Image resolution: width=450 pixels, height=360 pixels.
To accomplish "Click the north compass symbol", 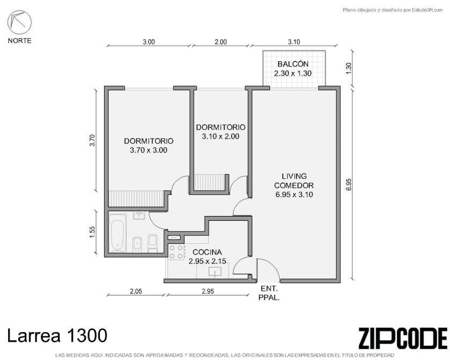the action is coord(19,23).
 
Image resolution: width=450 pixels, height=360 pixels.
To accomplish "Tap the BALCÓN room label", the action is coord(293,64).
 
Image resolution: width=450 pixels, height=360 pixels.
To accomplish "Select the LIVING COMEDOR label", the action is coord(294,181).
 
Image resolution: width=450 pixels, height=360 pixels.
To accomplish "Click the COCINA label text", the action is coord(207,252).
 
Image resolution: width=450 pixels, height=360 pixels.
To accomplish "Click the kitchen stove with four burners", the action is coord(176,252).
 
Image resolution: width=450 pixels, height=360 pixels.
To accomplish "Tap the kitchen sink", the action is coord(215,271).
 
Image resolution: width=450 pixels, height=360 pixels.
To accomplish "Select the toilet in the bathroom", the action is coord(153,243).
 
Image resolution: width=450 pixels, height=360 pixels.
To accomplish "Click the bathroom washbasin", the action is coord(140,215).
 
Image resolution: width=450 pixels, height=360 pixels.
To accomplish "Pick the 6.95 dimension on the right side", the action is coord(349,184).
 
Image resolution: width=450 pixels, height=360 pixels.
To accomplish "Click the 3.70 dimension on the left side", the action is coord(92,140).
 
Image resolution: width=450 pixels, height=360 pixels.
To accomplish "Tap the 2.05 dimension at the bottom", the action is coord(136,291).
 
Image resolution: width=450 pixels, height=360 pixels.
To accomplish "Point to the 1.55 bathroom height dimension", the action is coord(92,232).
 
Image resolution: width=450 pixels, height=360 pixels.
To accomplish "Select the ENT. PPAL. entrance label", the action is coord(269,293).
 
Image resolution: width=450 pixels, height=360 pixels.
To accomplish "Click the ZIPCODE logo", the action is coord(403,339).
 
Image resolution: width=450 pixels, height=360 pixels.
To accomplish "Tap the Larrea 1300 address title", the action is coord(57,335).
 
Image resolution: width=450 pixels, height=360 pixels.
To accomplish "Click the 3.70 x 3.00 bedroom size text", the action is coord(148,150).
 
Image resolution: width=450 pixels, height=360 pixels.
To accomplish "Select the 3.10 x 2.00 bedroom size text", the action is coord(220,136).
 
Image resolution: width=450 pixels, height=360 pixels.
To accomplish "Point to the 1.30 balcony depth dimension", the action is coord(349,68).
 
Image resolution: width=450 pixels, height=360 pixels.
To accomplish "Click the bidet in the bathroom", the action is coord(137,244).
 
